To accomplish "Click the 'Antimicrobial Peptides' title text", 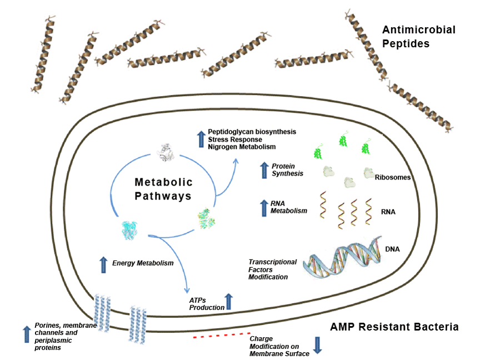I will (x=418, y=36).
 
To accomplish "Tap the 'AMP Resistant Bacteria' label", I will (x=394, y=327).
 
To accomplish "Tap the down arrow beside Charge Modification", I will (x=318, y=345).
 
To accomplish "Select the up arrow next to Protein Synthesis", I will (x=264, y=169).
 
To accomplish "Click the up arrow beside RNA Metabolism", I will (x=264, y=207).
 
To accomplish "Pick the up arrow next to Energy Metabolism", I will (x=103, y=265).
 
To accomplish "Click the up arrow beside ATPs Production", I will (x=228, y=302).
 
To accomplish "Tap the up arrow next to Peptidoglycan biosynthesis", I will (x=201, y=139).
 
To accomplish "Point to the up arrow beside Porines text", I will (x=26, y=334).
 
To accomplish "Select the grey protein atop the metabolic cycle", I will (x=164, y=151).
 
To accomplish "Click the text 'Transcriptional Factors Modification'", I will (x=273, y=269).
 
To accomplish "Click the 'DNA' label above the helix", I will (x=393, y=251).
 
